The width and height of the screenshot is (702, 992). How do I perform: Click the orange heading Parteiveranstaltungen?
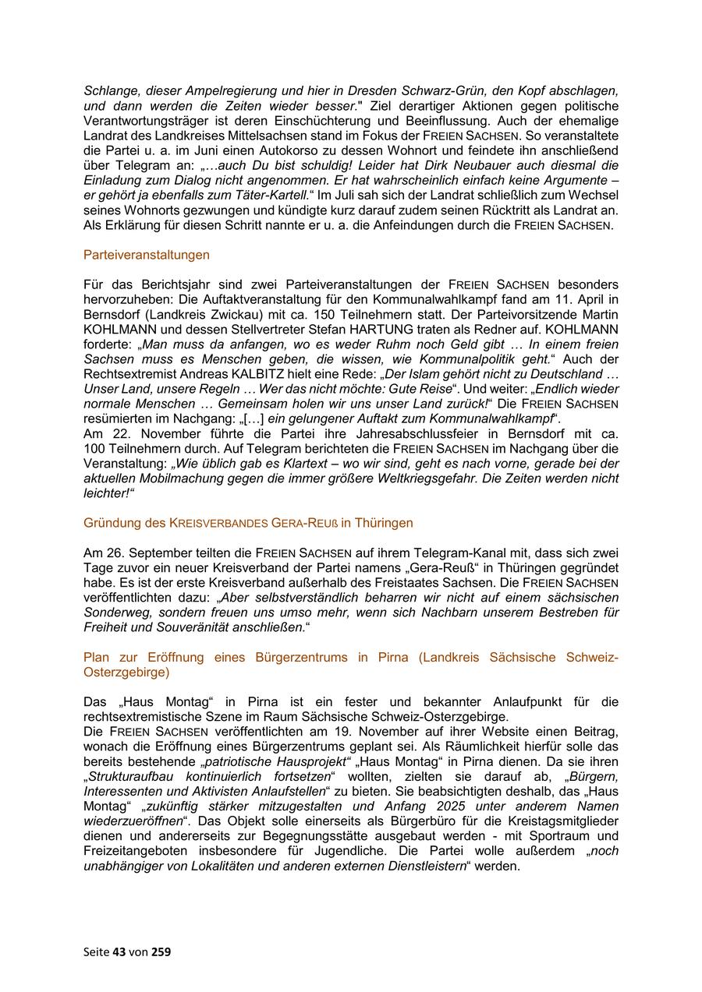[x=146, y=255]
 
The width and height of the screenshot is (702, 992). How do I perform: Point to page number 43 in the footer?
[x=119, y=951]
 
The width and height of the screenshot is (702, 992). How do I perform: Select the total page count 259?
[x=161, y=951]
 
